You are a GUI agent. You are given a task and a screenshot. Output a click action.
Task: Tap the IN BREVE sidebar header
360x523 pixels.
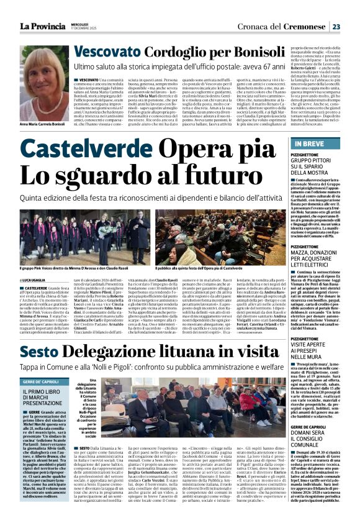304,144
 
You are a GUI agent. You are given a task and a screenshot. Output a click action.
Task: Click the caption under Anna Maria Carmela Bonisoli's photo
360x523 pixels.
45,142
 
